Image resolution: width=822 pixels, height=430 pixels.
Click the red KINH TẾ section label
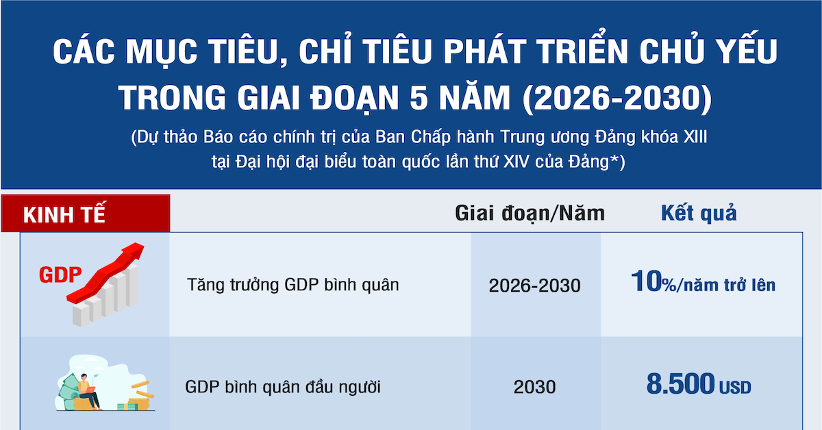(x=65, y=214)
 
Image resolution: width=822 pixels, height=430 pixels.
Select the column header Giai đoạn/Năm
(x=530, y=214)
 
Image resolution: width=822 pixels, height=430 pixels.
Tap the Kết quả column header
(x=699, y=213)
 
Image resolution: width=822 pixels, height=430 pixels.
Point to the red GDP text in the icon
(x=60, y=275)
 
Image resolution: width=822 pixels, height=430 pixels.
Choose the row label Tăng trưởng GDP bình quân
(x=292, y=284)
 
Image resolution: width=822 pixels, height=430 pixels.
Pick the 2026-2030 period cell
(x=534, y=285)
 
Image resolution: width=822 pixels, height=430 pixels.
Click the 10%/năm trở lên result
(x=703, y=283)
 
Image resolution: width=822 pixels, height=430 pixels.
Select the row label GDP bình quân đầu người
(x=283, y=387)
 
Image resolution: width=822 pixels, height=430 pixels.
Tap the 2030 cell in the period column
(x=534, y=387)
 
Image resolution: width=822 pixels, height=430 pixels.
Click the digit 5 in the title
(x=429, y=97)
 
